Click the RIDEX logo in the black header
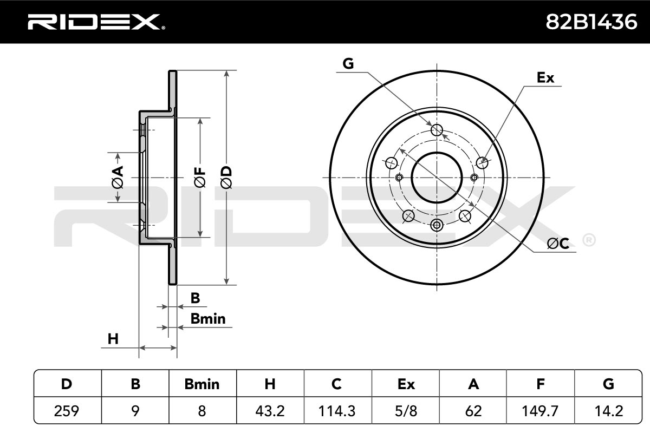pyautogui.click(x=96, y=22)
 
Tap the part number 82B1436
pyautogui.click(x=591, y=22)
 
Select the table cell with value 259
pyautogui.click(x=67, y=411)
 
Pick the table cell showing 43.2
pyautogui.click(x=270, y=411)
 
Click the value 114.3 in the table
pyautogui.click(x=337, y=411)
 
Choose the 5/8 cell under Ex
pyautogui.click(x=406, y=411)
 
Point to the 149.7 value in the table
pyautogui.click(x=540, y=411)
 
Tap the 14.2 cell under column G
pyautogui.click(x=608, y=411)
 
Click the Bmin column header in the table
pyautogui.click(x=202, y=384)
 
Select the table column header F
pyautogui.click(x=541, y=384)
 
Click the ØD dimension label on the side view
pyautogui.click(x=226, y=177)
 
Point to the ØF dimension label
pyautogui.click(x=200, y=178)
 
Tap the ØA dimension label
pyautogui.click(x=118, y=177)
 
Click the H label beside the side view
pyautogui.click(x=113, y=339)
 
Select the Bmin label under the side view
pyautogui.click(x=208, y=319)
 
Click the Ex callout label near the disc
pyautogui.click(x=545, y=77)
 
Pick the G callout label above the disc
pyautogui.click(x=348, y=63)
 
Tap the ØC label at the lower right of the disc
pyautogui.click(x=558, y=244)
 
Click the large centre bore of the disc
pyautogui.click(x=437, y=178)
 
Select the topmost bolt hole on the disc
pyautogui.click(x=437, y=130)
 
